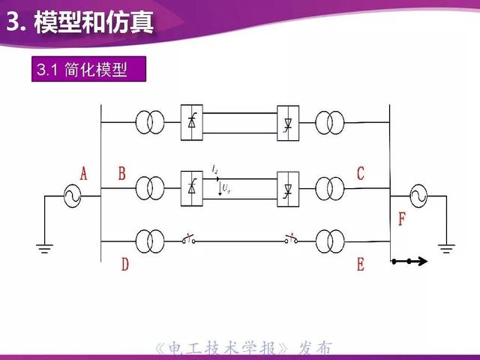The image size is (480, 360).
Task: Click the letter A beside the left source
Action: [84, 174]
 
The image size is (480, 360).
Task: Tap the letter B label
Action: [122, 174]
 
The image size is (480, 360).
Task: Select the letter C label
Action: [361, 174]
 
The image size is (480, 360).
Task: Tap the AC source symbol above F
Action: [417, 196]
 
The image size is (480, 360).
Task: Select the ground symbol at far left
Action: [46, 247]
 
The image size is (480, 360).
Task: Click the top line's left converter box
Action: [192, 121]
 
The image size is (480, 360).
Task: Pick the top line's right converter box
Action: [288, 121]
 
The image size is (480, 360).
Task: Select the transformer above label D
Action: [150, 241]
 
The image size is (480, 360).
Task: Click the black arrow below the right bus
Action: [410, 262]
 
